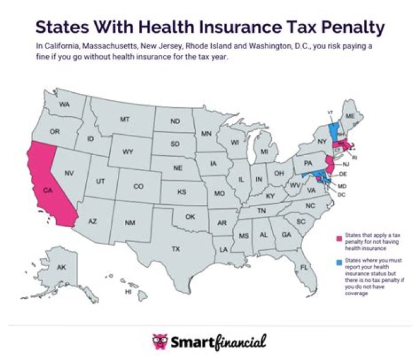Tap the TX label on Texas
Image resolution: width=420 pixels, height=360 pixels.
pyautogui.click(x=175, y=249)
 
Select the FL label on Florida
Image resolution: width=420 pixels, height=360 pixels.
pyautogui.click(x=304, y=267)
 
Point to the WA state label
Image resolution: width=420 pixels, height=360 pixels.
pyautogui.click(x=64, y=104)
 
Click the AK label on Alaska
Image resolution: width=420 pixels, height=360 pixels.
pyautogui.click(x=62, y=267)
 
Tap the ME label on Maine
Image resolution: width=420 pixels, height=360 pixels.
pyautogui.click(x=350, y=117)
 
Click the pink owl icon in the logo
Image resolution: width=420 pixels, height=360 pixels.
pyautogui.click(x=159, y=340)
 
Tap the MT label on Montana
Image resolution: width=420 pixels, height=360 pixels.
pyautogui.click(x=124, y=119)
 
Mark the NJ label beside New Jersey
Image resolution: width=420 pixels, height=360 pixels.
pyautogui.click(x=345, y=165)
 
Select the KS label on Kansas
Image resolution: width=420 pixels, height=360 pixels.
pyautogui.click(x=182, y=192)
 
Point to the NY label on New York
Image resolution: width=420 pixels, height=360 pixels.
pyautogui.click(x=321, y=142)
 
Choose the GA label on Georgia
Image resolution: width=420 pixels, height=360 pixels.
pyautogui.click(x=286, y=235)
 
